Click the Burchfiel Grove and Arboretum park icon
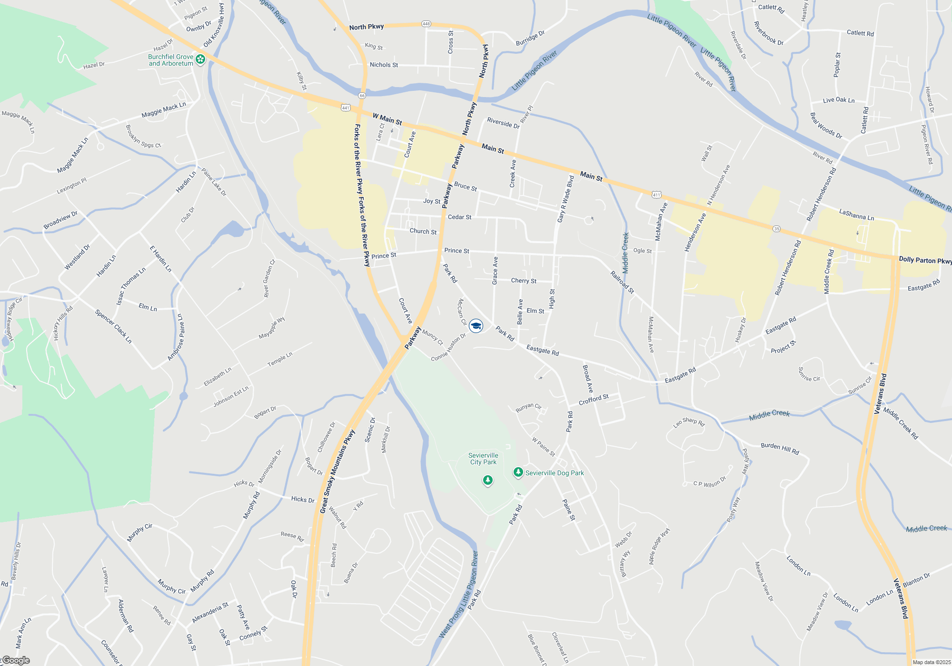click(200, 59)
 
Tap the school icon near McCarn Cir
click(476, 326)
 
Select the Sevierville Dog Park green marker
click(518, 472)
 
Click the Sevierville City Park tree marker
click(487, 480)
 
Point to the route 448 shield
click(426, 24)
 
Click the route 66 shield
click(362, 96)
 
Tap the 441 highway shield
click(346, 108)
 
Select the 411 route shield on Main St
click(656, 195)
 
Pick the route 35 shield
click(776, 229)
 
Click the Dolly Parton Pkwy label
click(924, 260)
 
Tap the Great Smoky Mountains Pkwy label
click(337, 471)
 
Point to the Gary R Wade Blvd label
click(565, 199)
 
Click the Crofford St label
click(594, 400)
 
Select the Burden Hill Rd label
click(780, 448)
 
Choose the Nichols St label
click(384, 65)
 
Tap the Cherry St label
click(524, 281)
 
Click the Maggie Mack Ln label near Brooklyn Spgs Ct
click(163, 110)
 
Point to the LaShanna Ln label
click(856, 215)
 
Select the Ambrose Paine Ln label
click(176, 337)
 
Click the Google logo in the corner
click(16, 660)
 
